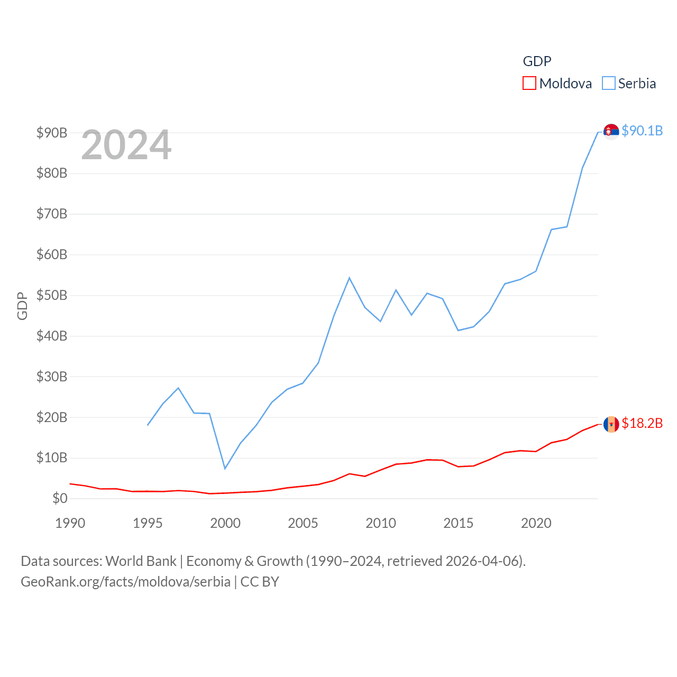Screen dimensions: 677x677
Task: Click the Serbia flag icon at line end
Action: click(x=611, y=131)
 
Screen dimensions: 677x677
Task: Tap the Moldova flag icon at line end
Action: click(x=611, y=424)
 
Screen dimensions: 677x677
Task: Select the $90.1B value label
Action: click(x=642, y=131)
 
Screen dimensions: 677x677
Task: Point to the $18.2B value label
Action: click(x=642, y=423)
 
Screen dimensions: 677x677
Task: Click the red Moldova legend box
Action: click(x=529, y=84)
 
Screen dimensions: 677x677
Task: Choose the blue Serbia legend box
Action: click(x=609, y=84)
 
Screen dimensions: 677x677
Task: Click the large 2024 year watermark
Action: click(x=126, y=145)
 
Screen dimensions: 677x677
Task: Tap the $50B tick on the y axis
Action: click(x=52, y=295)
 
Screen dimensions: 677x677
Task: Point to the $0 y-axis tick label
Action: click(x=60, y=498)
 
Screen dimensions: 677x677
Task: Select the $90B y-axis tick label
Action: click(x=52, y=133)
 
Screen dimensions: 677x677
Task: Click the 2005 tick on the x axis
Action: click(x=303, y=523)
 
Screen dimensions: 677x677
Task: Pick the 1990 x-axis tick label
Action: click(x=70, y=523)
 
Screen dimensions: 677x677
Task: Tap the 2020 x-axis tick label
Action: click(x=536, y=523)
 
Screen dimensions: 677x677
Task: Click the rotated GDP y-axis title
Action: click(x=22, y=306)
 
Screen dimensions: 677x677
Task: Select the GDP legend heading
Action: click(x=537, y=61)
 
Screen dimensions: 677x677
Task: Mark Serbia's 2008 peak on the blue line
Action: click(x=350, y=278)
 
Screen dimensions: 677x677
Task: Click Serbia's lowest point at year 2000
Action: click(x=225, y=468)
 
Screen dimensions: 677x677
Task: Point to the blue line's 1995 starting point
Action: click(x=148, y=425)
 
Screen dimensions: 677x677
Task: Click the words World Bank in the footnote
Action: click(x=141, y=561)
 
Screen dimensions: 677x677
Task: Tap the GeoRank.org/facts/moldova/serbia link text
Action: click(x=125, y=582)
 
